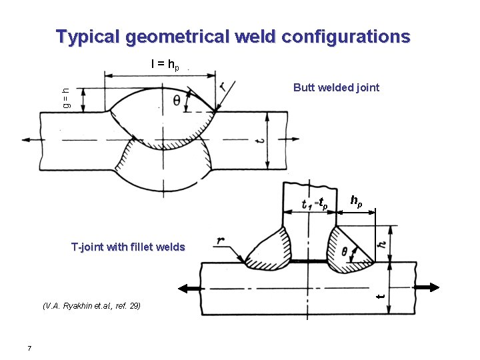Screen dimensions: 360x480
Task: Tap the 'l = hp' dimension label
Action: [165, 65]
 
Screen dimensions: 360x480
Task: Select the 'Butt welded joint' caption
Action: [337, 87]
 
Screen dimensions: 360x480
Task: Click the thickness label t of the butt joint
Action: [261, 141]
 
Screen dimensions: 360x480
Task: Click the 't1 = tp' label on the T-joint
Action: [314, 203]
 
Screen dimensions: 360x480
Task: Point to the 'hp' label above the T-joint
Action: [357, 200]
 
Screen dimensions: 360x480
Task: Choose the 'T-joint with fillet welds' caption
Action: [128, 247]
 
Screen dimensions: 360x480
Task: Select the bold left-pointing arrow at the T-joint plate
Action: [190, 288]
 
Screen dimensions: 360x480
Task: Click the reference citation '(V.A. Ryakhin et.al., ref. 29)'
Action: [91, 306]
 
